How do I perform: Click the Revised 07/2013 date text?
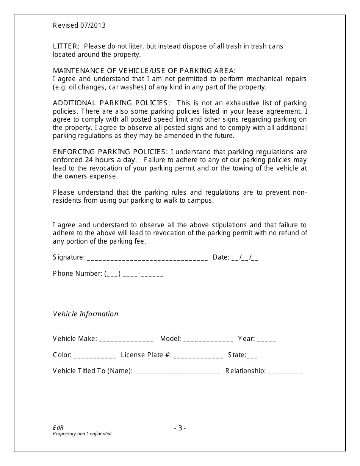(x=79, y=26)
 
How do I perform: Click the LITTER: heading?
(x=66, y=46)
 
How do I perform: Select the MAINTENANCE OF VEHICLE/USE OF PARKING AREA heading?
(x=144, y=71)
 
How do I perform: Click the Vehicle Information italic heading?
(x=86, y=314)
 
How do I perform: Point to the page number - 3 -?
(x=180, y=428)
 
